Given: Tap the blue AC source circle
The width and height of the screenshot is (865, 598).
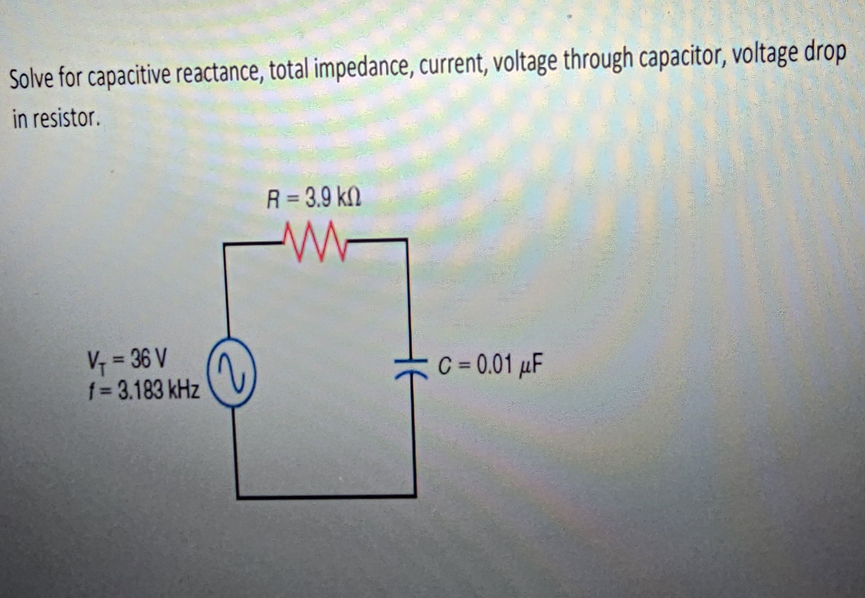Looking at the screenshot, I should [232, 372].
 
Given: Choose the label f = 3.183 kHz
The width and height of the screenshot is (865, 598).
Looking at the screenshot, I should [144, 391].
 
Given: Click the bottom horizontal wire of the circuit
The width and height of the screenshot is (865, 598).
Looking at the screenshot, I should [326, 497].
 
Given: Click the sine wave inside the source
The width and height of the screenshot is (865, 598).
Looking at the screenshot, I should [232, 372].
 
